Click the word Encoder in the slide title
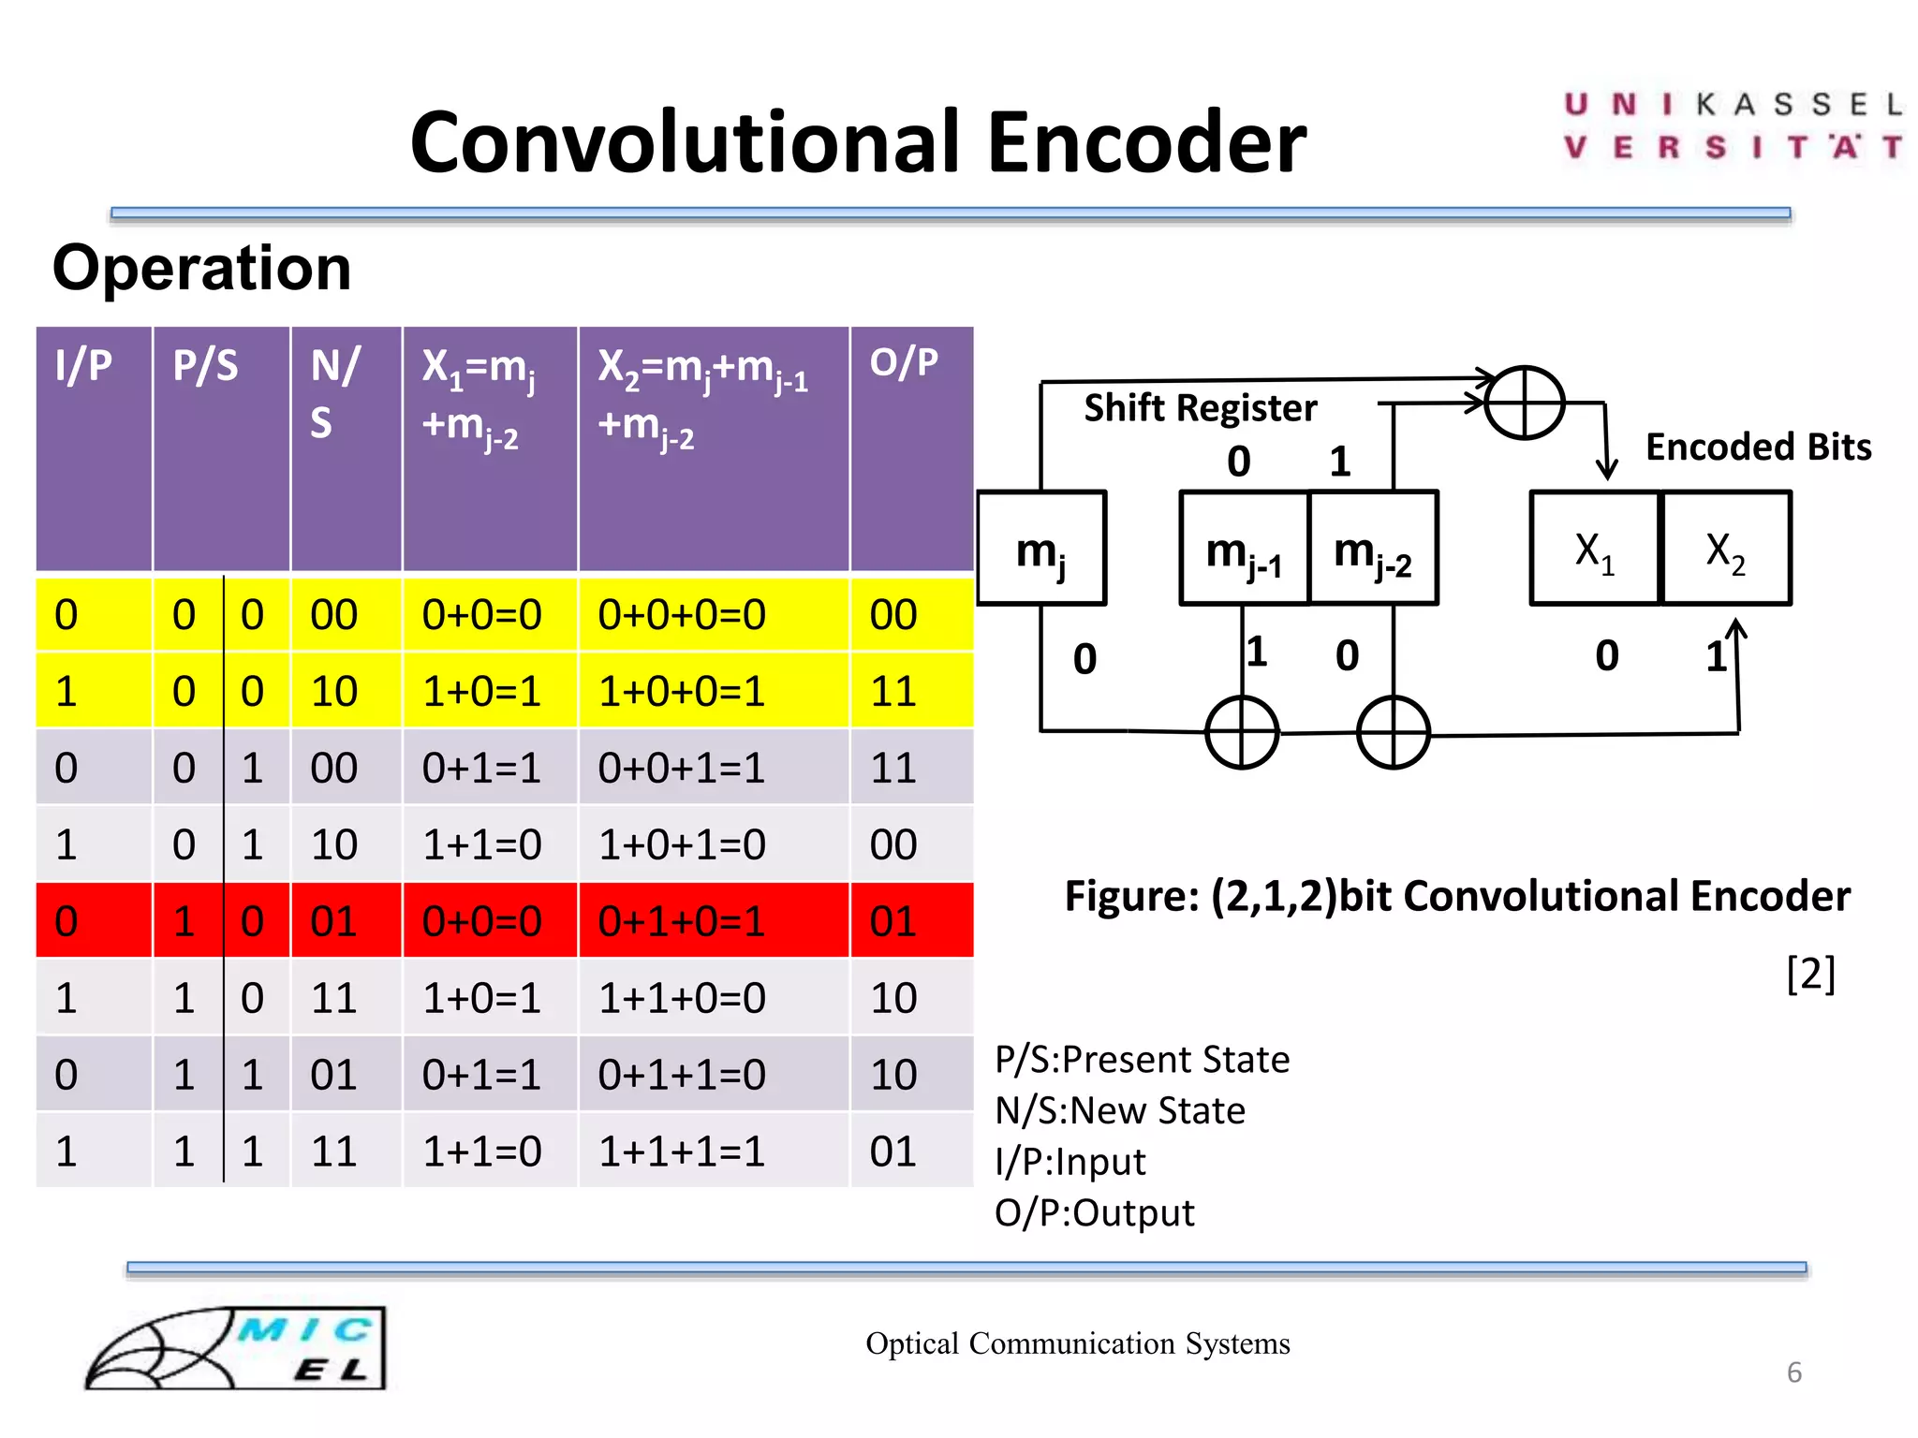(1146, 142)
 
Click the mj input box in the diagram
(1041, 549)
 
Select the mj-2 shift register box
(1373, 549)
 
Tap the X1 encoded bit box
(1594, 549)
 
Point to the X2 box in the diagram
(1725, 549)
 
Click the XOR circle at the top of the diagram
(1525, 403)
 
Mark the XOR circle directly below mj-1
(1242, 732)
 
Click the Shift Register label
(1200, 408)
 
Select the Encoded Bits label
(1758, 447)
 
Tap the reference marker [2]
(1809, 975)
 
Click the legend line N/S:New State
(1120, 1110)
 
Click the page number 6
(1793, 1372)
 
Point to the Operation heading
(201, 269)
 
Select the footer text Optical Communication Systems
(1077, 1343)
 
